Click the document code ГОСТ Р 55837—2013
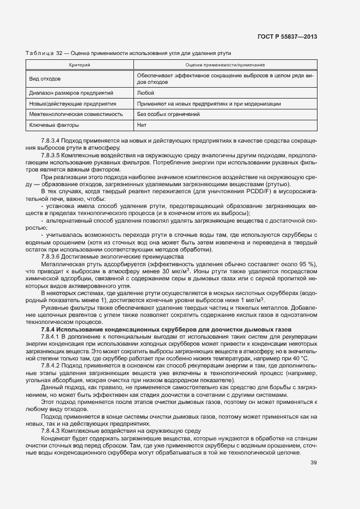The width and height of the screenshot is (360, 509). click(x=288, y=36)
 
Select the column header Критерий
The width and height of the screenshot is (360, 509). click(x=79, y=65)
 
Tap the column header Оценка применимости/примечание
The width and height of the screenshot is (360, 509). click(x=225, y=65)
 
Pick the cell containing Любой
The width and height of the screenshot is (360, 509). click(x=145, y=93)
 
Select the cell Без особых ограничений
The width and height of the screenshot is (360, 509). click(x=168, y=114)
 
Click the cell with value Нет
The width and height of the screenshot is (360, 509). click(x=142, y=125)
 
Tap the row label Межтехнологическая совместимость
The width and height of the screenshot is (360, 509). click(x=72, y=114)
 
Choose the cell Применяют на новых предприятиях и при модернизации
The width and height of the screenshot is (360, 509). click(x=209, y=103)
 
